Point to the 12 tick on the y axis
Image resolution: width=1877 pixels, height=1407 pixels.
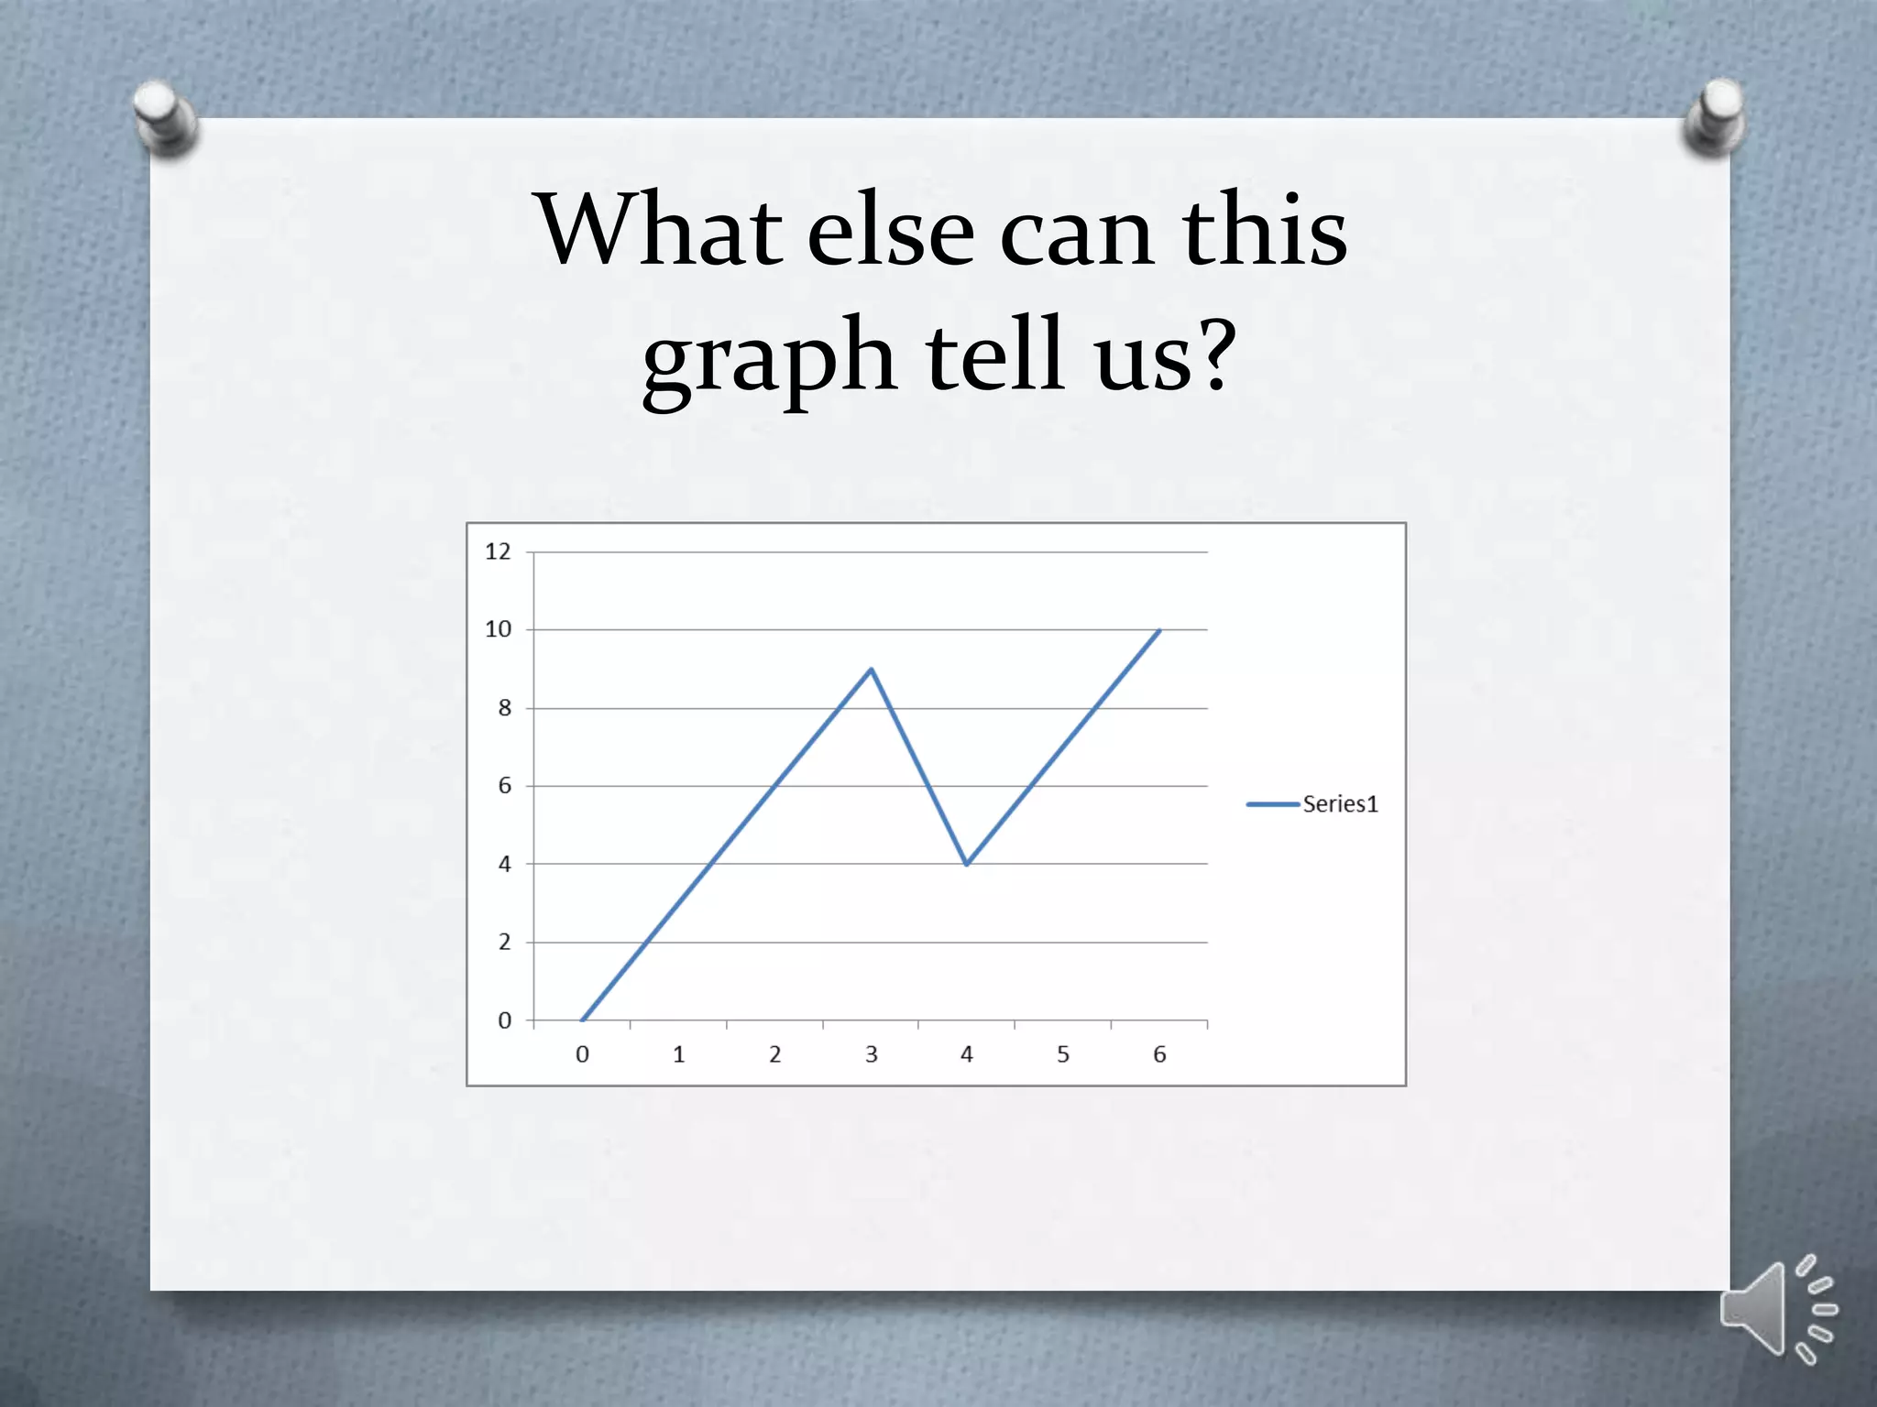coord(498,551)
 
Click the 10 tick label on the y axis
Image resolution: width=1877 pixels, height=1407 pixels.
coord(498,629)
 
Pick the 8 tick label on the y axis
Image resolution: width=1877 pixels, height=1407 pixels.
coord(504,708)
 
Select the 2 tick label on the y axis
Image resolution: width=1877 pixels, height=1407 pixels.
coord(504,942)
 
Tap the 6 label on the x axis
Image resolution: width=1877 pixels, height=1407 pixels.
coord(1159,1054)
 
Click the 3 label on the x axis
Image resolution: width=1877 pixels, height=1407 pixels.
coord(871,1054)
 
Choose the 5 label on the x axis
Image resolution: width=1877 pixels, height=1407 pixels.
coord(1063,1054)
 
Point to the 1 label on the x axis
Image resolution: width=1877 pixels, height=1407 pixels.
coord(678,1054)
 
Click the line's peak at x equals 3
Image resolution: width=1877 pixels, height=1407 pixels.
coord(871,670)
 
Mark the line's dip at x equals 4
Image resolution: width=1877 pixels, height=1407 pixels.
coord(967,863)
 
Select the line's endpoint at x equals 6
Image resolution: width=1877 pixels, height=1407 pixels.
coord(1159,630)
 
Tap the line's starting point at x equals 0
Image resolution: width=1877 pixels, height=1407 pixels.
coord(583,1020)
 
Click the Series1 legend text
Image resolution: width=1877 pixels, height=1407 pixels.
coord(1340,804)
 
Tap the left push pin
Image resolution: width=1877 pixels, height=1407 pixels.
coord(165,116)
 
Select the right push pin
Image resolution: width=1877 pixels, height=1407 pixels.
coord(1715,115)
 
